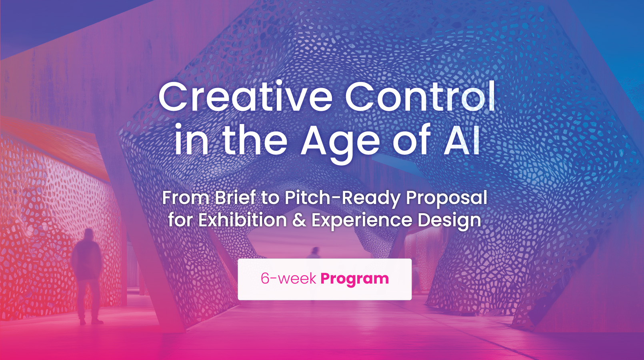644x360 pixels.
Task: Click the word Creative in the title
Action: coord(245,96)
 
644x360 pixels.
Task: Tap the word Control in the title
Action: coord(420,96)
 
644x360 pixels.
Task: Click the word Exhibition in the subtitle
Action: coord(242,220)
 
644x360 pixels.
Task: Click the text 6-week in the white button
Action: coord(288,278)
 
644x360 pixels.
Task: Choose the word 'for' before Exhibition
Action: coord(180,220)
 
